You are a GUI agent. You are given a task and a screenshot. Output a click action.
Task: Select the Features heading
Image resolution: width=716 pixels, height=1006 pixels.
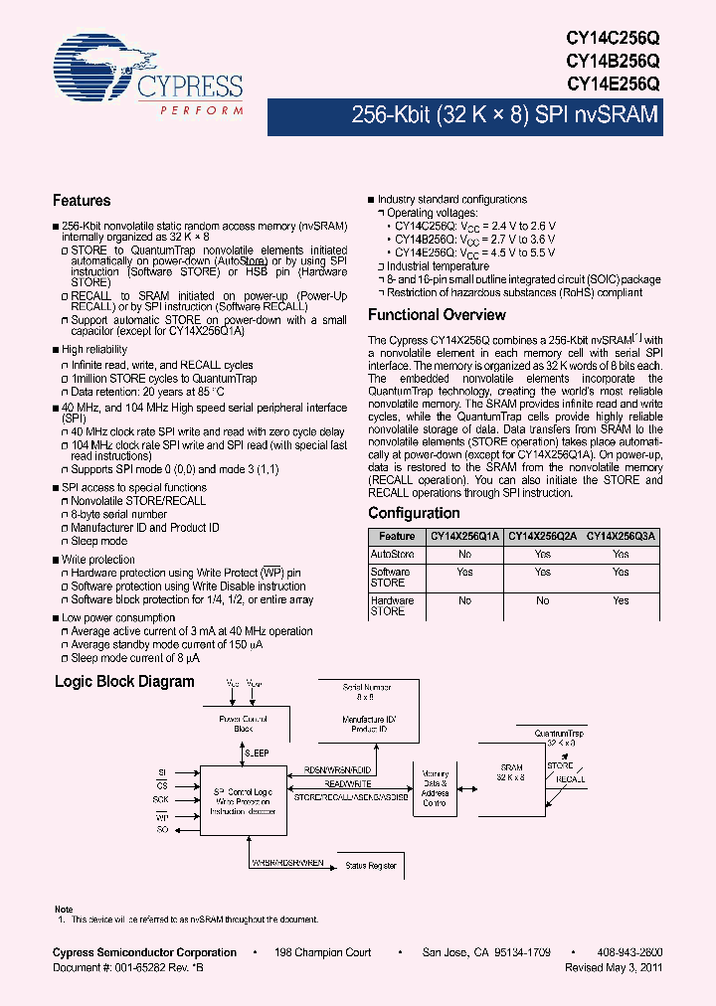pos(82,200)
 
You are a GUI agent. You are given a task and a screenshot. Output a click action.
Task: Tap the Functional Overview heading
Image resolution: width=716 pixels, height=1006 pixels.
pos(437,315)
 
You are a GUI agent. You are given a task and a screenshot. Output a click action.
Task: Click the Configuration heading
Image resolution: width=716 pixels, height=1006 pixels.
pos(414,513)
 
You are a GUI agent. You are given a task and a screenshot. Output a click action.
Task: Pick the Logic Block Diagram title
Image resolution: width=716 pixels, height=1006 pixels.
pos(124,682)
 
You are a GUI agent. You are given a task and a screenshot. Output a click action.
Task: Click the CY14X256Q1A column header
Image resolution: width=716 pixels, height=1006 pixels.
pos(463,536)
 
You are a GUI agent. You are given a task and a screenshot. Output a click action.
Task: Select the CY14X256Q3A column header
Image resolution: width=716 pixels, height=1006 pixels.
pos(621,536)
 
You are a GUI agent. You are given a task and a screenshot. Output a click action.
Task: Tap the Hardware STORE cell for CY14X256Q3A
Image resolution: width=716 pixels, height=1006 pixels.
pos(621,600)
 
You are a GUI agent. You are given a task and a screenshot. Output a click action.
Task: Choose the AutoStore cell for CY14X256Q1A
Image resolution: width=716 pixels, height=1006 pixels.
pos(464,554)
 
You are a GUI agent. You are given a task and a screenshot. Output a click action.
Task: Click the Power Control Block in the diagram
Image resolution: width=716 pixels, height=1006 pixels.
pos(244,723)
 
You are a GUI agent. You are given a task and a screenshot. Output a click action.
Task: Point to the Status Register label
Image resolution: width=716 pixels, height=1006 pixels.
pos(370,866)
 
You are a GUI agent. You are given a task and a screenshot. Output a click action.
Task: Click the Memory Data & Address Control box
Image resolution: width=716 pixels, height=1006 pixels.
pos(435,788)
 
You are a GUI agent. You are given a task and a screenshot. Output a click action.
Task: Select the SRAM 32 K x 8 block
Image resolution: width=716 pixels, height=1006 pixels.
pos(511,773)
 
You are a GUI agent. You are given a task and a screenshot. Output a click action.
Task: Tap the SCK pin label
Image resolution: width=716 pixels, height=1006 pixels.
pos(160,800)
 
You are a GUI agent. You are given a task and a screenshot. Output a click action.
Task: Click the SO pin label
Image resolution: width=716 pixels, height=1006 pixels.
pos(161,828)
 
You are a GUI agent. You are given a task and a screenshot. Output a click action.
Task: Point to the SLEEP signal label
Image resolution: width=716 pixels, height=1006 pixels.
pos(257,754)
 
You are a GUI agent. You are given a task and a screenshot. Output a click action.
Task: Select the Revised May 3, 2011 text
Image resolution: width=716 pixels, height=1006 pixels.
pos(614,966)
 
